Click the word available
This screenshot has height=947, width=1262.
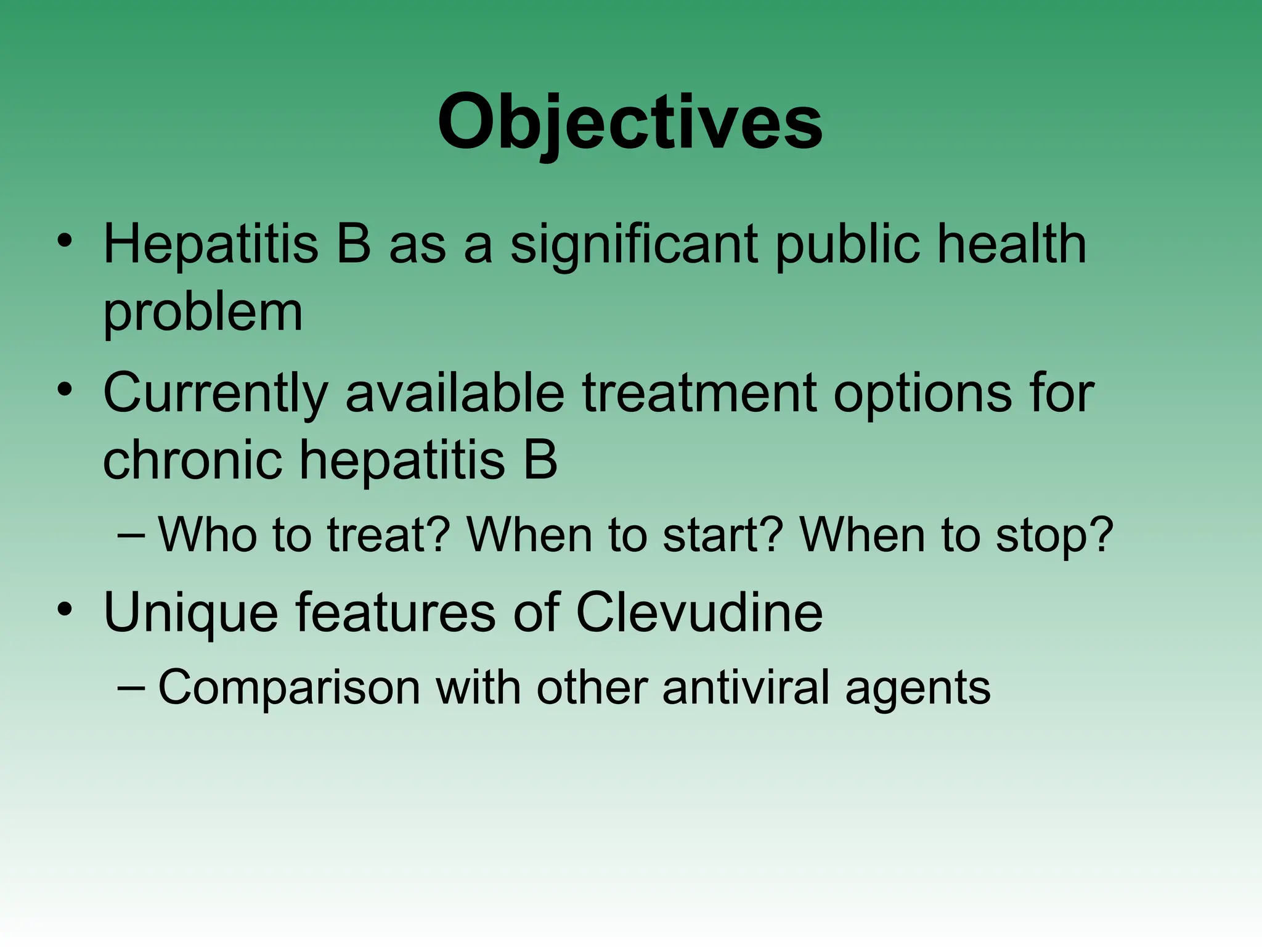(x=455, y=394)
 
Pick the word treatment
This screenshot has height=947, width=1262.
(x=699, y=394)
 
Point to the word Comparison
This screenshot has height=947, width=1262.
(x=289, y=688)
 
